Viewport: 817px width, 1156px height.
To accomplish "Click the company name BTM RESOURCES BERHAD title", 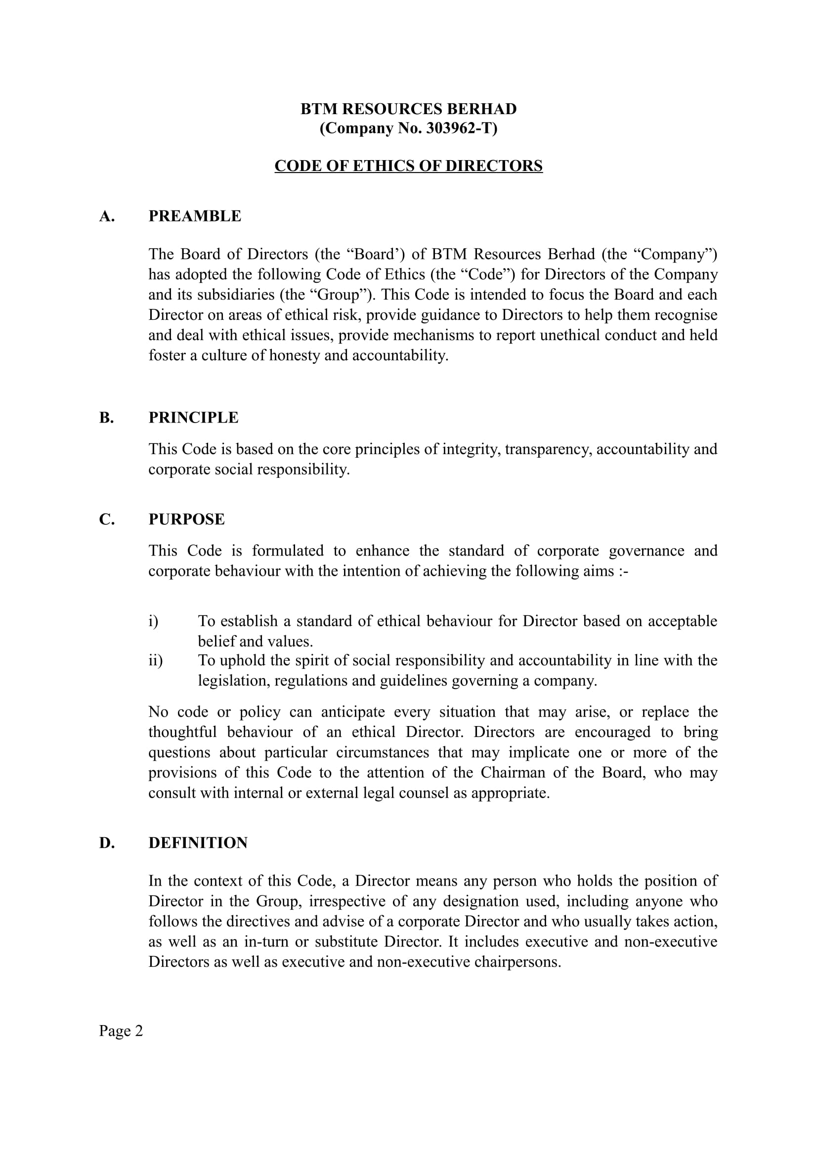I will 408,109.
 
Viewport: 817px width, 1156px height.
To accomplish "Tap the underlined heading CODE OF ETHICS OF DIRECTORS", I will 408,166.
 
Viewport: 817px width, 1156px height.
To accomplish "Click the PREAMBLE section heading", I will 195,216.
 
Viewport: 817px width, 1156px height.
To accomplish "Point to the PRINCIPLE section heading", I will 193,418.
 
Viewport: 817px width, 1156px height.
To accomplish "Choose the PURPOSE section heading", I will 186,519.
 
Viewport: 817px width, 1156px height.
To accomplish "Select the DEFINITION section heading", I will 198,843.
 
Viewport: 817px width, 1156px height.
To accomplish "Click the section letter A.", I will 107,216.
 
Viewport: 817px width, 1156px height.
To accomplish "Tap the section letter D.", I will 107,843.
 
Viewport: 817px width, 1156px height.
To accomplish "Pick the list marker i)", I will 154,621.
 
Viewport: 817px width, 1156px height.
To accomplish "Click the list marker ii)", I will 156,660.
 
